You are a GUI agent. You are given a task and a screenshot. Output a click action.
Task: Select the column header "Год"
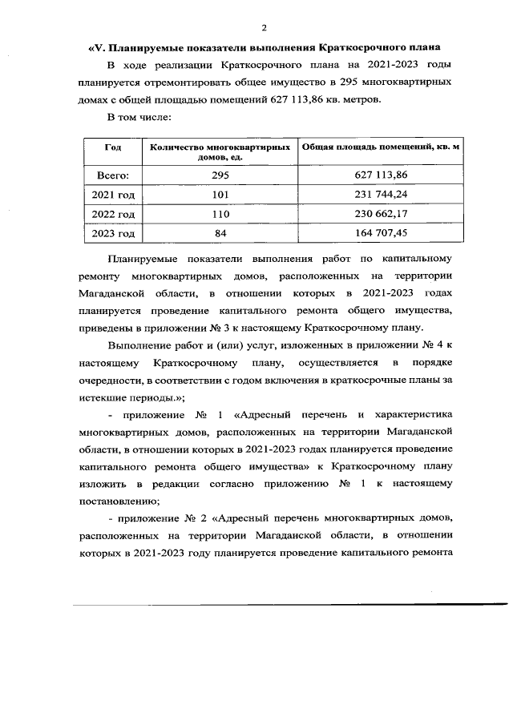tap(113, 148)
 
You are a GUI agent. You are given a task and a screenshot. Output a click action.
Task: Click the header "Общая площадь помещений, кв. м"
tap(380, 147)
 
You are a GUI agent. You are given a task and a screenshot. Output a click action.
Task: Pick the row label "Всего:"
tap(113, 175)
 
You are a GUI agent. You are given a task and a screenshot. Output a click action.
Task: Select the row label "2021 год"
tap(113, 195)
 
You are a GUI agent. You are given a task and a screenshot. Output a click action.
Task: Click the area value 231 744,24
tap(381, 195)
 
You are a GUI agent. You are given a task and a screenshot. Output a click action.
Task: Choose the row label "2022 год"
tap(113, 214)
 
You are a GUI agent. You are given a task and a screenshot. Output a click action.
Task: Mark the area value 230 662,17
tap(381, 214)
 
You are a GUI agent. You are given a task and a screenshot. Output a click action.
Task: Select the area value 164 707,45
tap(381, 233)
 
